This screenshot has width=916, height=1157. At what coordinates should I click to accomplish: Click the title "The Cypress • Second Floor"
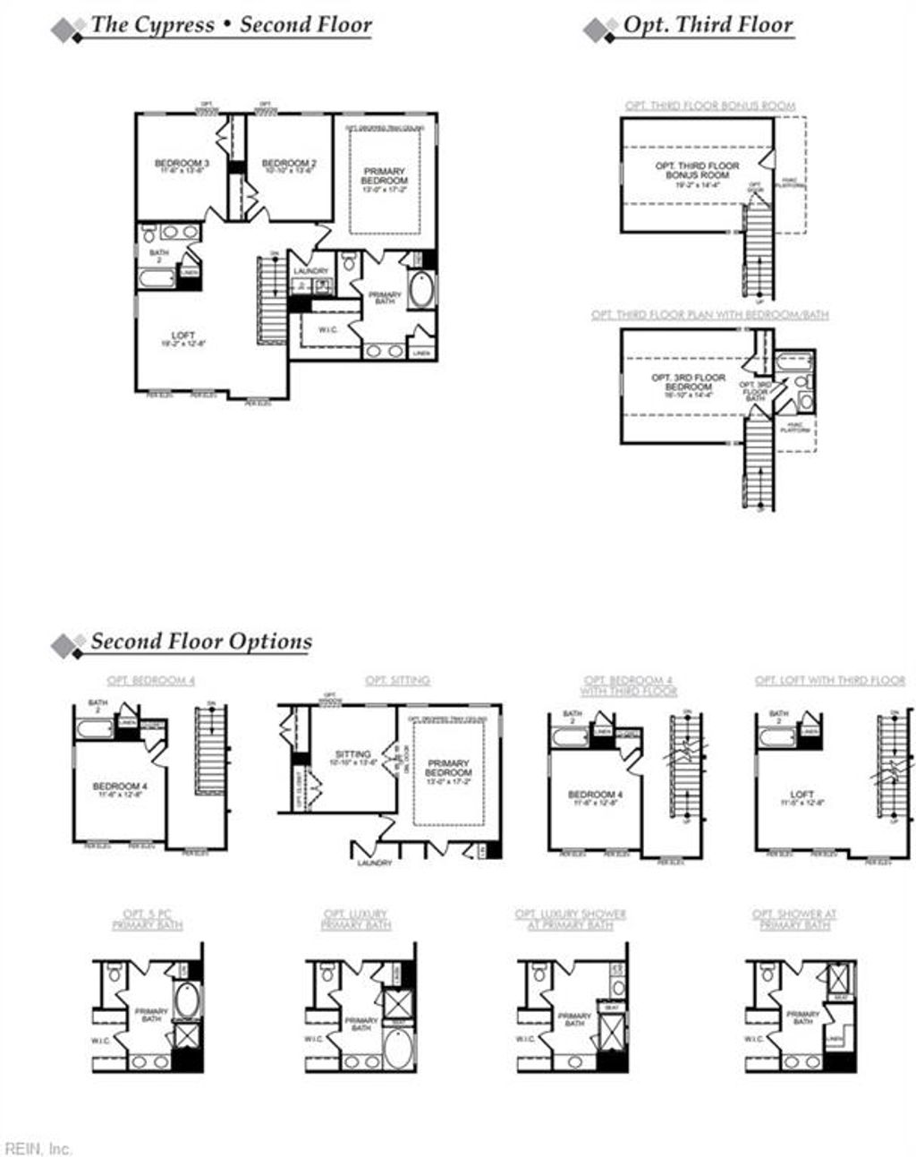(231, 25)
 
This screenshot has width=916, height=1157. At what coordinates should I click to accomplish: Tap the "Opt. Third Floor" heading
(707, 25)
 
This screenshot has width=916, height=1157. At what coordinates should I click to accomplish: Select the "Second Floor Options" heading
(201, 642)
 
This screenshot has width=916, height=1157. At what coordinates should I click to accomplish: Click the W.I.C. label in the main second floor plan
(328, 329)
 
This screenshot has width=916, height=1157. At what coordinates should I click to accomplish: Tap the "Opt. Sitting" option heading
(397, 680)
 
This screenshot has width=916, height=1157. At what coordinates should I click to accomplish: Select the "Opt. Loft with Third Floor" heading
(829, 680)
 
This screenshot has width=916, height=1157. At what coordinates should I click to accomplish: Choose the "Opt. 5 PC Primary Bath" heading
(148, 919)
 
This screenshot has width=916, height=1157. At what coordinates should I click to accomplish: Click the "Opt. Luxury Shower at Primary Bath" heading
(570, 919)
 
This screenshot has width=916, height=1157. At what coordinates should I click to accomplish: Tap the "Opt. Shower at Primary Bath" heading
(793, 919)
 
